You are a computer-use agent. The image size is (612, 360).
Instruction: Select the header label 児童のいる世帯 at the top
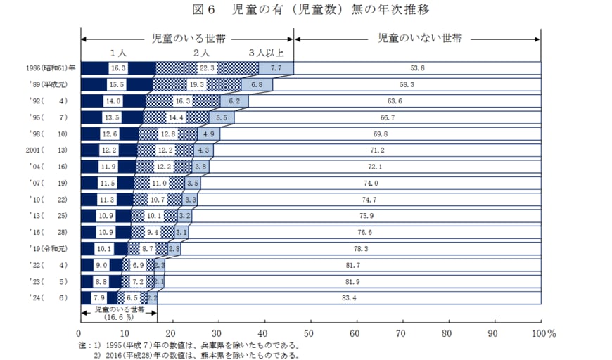(x=189, y=38)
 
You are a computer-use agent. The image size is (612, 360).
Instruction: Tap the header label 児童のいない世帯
(x=419, y=38)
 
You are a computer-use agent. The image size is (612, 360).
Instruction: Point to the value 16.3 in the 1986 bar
(x=118, y=68)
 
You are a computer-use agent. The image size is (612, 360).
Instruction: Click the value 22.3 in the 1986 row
(x=207, y=68)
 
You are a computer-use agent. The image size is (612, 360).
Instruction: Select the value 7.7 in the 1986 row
(x=275, y=68)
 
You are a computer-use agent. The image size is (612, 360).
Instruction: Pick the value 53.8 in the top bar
(x=417, y=68)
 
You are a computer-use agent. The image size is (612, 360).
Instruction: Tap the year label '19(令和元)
(x=44, y=248)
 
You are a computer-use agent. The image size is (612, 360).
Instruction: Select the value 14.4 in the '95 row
(x=176, y=117)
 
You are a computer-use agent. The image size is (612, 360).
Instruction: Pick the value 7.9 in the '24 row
(x=98, y=298)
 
